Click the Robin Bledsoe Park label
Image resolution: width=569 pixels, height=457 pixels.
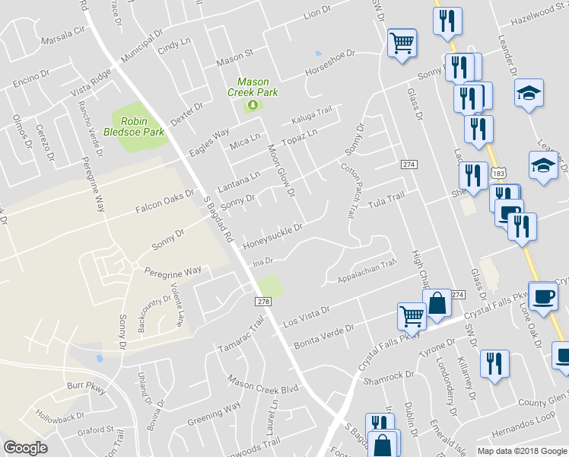(138, 126)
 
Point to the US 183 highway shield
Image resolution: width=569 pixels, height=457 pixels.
(498, 174)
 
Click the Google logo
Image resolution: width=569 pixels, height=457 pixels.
(25, 449)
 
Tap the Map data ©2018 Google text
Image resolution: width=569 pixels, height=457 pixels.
(522, 451)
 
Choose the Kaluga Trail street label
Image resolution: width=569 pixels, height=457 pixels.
(312, 117)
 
